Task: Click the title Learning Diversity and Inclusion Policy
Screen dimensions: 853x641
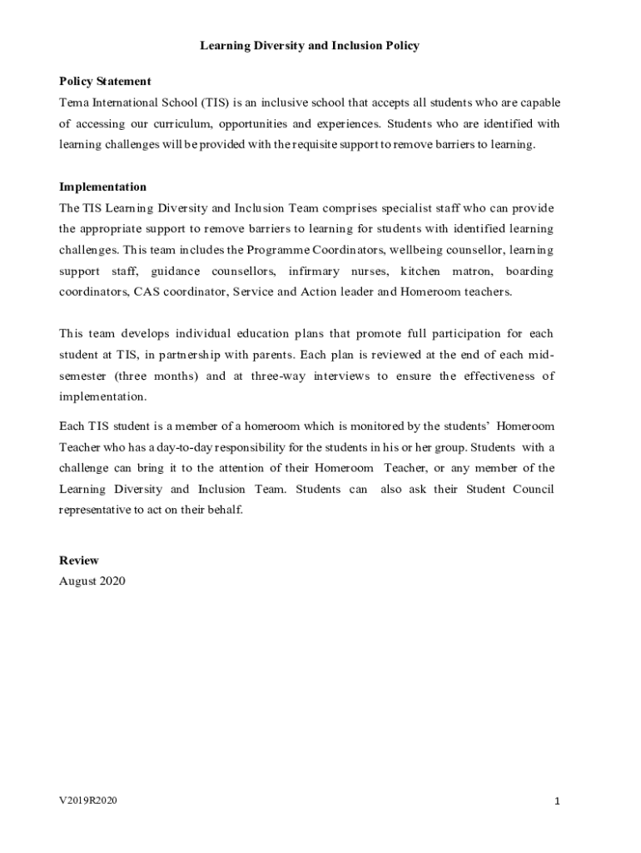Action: point(309,46)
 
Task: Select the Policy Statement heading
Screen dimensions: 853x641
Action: point(105,82)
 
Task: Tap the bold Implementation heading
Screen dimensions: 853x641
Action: point(102,187)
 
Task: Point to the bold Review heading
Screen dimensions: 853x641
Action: point(79,561)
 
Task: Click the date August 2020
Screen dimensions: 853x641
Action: point(92,581)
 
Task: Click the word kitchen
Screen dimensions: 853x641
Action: point(420,271)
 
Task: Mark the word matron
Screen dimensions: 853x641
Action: point(472,271)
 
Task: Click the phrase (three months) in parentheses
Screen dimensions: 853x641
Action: point(157,376)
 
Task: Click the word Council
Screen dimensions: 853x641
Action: point(534,489)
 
